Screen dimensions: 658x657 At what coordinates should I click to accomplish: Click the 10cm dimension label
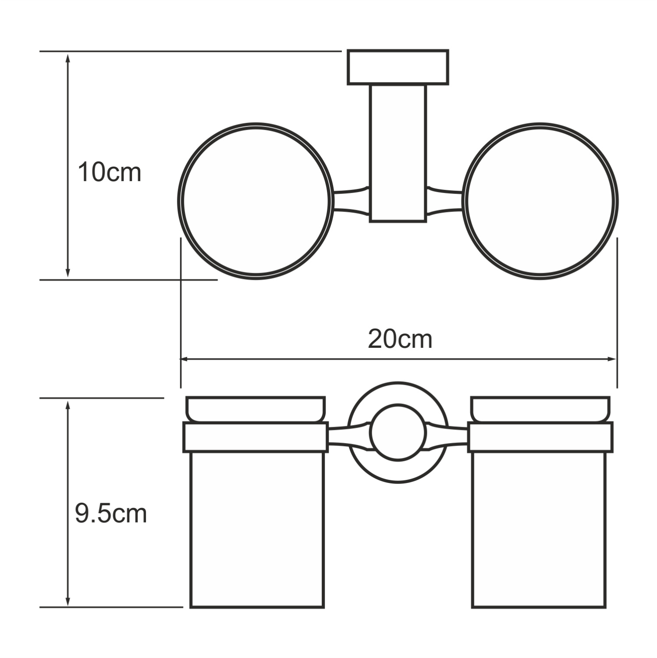[x=109, y=172]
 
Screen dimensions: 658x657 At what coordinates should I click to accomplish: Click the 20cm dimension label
[x=399, y=339]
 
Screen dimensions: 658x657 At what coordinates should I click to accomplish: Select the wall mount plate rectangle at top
[x=398, y=67]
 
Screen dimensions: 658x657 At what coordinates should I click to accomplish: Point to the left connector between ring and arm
[x=351, y=201]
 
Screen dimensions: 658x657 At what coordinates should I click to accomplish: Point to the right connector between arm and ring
[x=444, y=201]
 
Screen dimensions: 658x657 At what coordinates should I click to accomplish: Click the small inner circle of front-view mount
[x=398, y=433]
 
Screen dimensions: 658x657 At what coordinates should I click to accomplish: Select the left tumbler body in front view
[x=257, y=529]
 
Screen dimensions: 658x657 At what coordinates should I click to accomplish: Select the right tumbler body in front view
[x=539, y=529]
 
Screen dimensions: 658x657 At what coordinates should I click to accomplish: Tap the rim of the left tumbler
[x=256, y=409]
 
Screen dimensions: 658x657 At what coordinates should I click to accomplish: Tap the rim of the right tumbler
[x=540, y=409]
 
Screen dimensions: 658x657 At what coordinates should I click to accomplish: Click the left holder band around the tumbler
[x=256, y=437]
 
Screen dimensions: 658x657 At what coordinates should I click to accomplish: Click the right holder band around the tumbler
[x=540, y=437]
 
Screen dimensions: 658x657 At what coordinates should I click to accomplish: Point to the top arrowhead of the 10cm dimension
[x=67, y=57]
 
